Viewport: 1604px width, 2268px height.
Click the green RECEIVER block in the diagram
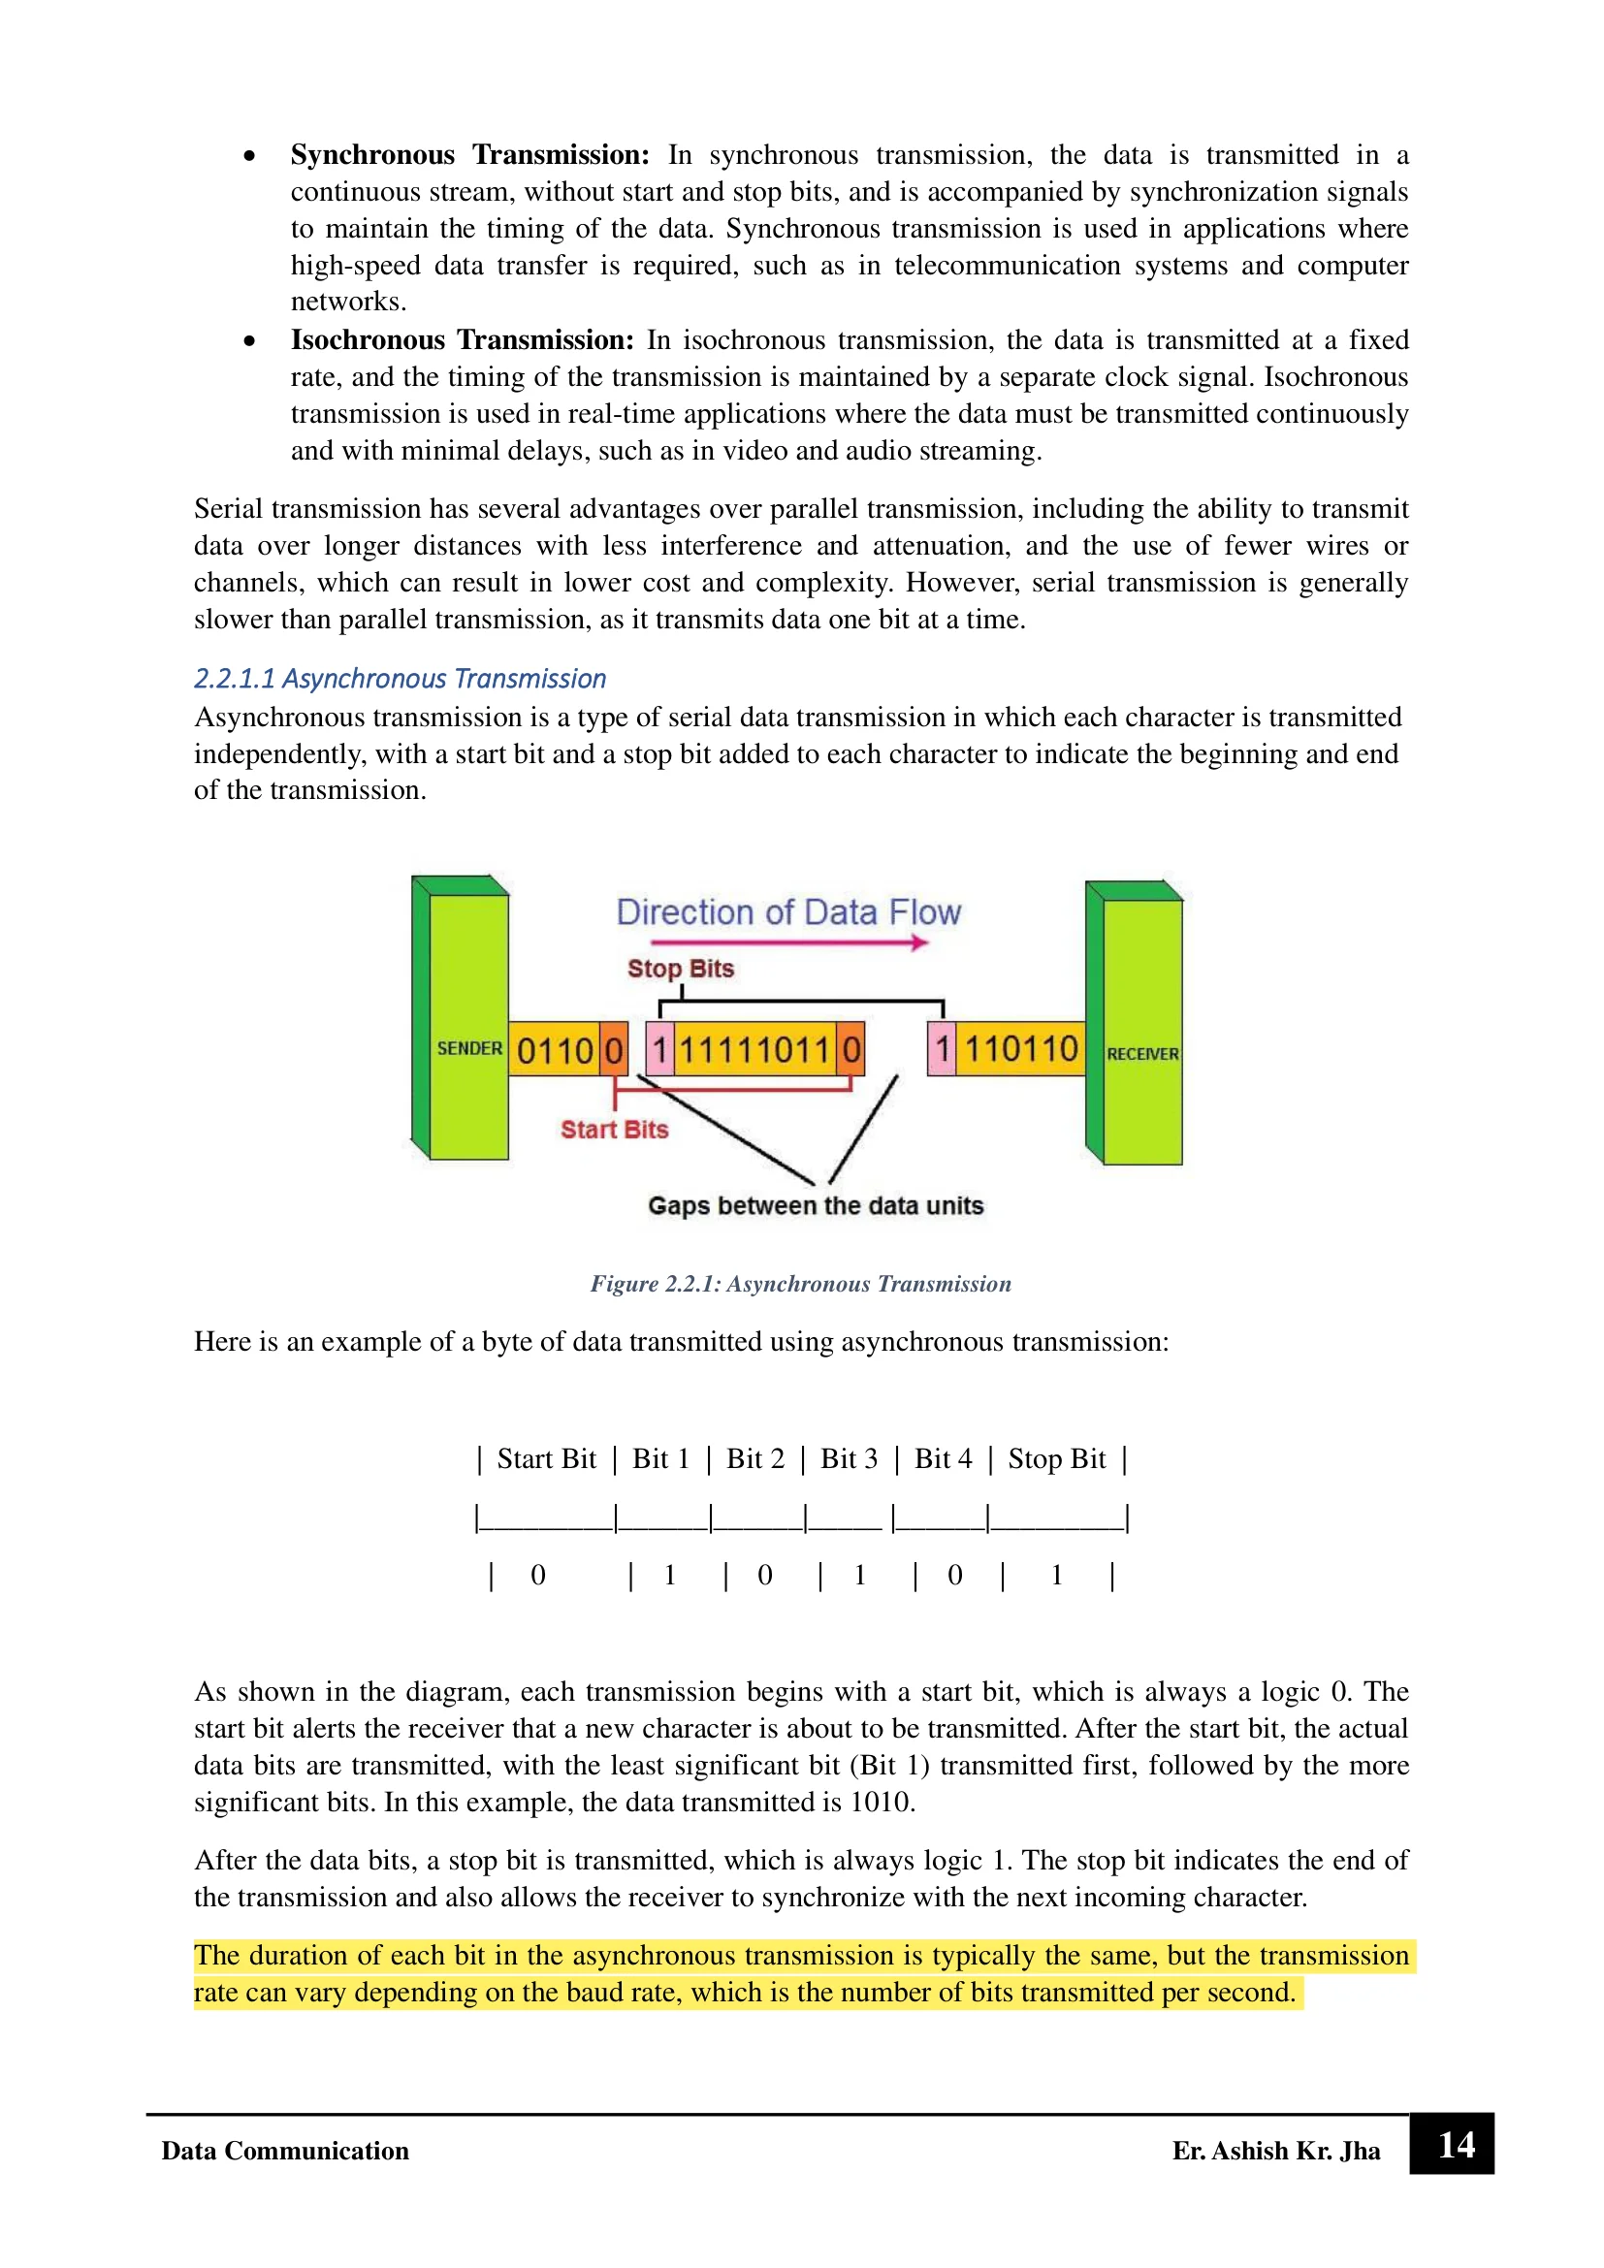(x=1141, y=1033)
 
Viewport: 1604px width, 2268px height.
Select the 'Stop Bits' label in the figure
(x=681, y=969)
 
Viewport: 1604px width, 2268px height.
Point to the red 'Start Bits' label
(x=614, y=1129)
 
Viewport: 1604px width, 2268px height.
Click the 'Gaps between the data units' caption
(x=816, y=1206)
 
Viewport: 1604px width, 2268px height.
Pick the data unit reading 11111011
(x=754, y=1049)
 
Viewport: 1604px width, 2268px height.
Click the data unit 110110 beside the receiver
(x=1020, y=1049)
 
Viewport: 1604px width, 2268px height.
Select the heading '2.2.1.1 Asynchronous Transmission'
(x=400, y=679)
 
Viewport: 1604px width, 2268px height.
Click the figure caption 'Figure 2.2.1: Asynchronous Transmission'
(x=801, y=1284)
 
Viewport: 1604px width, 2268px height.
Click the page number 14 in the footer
(x=1456, y=2146)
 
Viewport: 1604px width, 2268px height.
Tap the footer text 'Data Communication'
(x=285, y=2152)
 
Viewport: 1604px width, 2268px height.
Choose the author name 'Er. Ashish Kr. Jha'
(x=1276, y=2152)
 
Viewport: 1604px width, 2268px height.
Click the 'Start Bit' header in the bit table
(x=546, y=1459)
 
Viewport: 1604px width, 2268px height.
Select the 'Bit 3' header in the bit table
(x=849, y=1459)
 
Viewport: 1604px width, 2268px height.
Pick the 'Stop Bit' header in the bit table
(x=1057, y=1459)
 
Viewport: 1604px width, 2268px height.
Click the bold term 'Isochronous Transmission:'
(x=463, y=340)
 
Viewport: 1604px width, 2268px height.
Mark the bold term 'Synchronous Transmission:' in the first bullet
(x=470, y=155)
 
